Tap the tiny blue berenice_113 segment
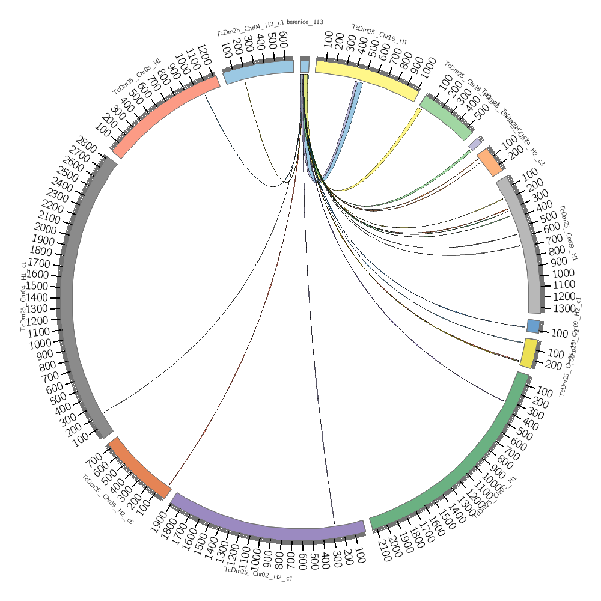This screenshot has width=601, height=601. click(305, 66)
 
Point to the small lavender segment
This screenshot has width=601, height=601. click(475, 144)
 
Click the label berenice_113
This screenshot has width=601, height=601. click(305, 22)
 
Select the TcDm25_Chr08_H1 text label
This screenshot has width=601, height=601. click(137, 76)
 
